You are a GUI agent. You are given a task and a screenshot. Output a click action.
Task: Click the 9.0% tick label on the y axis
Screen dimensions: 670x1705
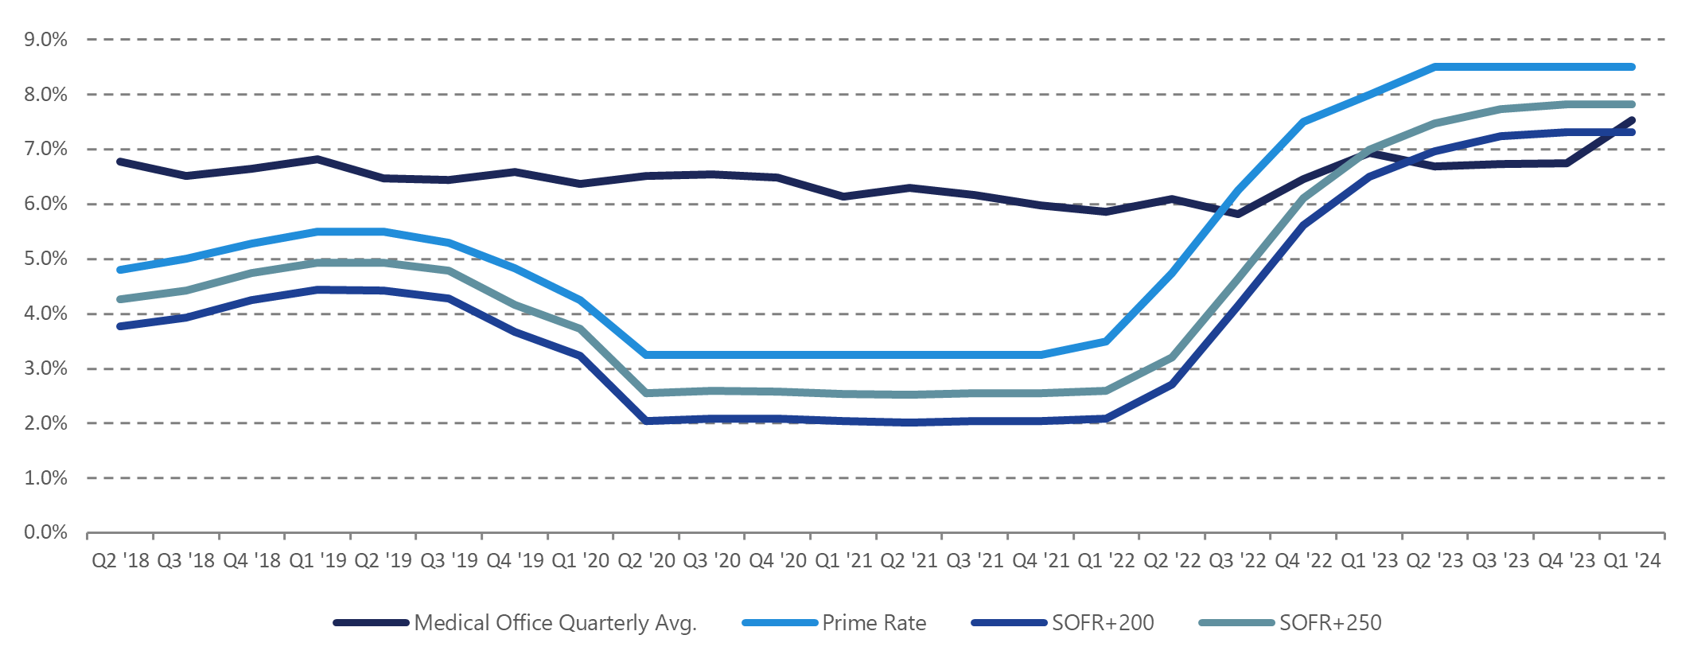(45, 40)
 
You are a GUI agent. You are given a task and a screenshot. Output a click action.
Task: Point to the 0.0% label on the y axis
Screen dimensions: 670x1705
(45, 532)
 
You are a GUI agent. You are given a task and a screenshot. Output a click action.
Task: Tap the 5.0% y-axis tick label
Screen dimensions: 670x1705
(45, 259)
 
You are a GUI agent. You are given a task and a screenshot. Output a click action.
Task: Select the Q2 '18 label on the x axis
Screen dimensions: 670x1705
(120, 561)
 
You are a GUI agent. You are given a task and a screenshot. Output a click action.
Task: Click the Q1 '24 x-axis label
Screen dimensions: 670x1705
(1632, 561)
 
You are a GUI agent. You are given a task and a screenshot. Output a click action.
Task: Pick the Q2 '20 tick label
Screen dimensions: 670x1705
(646, 561)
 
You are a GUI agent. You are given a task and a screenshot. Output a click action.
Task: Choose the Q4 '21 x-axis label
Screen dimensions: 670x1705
(1041, 561)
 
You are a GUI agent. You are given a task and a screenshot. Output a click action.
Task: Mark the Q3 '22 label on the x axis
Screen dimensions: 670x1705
(1237, 561)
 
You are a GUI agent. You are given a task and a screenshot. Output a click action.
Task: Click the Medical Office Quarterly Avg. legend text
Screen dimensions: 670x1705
(555, 623)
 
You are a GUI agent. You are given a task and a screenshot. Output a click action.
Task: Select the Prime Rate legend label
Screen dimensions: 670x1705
(874, 623)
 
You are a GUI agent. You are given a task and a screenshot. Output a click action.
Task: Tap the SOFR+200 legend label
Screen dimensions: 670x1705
(1103, 623)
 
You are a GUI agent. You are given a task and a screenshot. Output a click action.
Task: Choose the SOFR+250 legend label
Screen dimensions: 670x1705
(1330, 623)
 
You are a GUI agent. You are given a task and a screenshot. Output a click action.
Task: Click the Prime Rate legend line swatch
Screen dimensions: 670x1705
(780, 623)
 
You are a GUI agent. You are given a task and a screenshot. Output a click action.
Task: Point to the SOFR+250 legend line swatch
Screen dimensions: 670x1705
(1236, 623)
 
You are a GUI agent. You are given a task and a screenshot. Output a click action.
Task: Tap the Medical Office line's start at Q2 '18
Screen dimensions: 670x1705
(120, 162)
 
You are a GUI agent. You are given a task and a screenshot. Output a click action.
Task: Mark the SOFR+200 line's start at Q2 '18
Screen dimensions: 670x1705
(120, 326)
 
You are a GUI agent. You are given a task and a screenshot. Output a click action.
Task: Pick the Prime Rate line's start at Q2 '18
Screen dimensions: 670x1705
(120, 271)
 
